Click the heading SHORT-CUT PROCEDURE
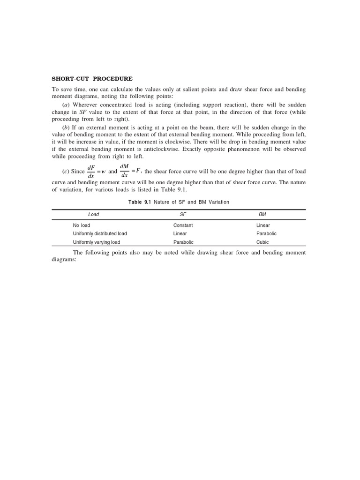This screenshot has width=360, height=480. point(92,79)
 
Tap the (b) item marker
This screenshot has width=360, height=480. point(66,127)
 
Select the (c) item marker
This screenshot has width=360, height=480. point(66,172)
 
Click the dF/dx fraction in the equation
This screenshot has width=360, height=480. point(91,172)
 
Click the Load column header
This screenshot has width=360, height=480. point(94,214)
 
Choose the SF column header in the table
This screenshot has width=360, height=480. point(183,214)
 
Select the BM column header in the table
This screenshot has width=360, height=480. point(262,214)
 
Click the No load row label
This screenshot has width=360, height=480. point(82,225)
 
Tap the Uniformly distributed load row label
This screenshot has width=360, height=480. point(100,233)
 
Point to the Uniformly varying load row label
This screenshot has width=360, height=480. point(97,242)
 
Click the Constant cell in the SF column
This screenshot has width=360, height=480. point(183,225)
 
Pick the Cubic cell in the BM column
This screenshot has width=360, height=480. point(262,242)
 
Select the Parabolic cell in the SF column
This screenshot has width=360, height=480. point(183,242)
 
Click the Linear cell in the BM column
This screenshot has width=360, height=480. point(263,225)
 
